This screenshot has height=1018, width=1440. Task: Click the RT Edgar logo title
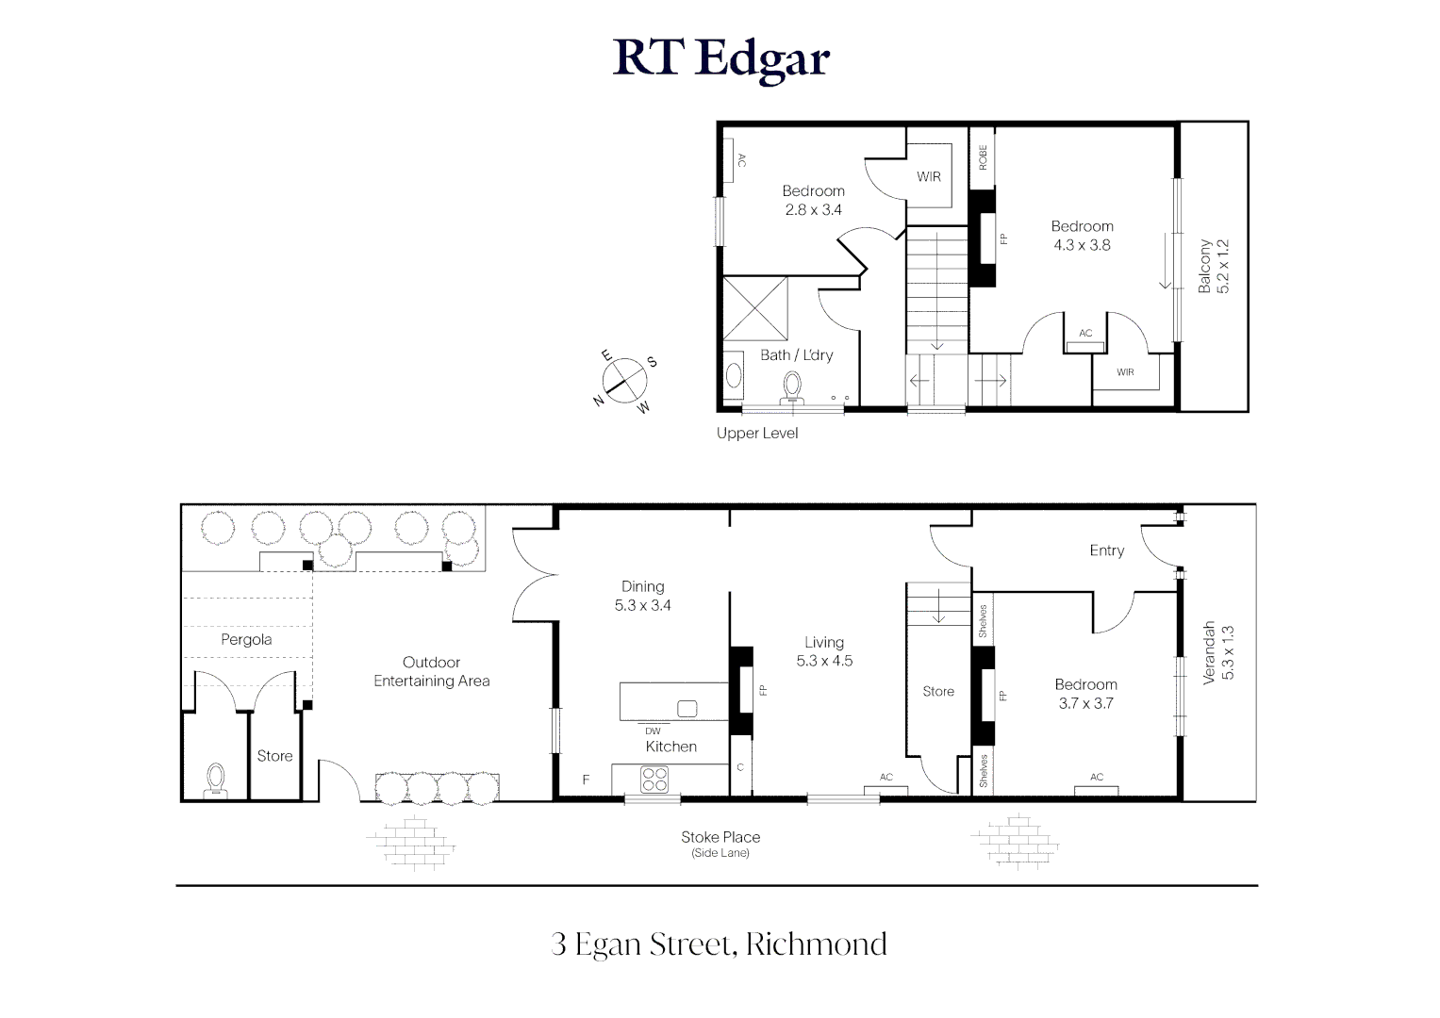coord(720,58)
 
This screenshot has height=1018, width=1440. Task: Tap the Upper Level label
coord(756,434)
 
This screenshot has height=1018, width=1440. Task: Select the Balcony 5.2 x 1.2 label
coord(1214,266)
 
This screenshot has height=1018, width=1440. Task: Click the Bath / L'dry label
coord(796,355)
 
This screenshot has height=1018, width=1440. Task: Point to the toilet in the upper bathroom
coord(792,386)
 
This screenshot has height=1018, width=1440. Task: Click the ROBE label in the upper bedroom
coord(982,156)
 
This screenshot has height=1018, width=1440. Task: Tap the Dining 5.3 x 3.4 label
coord(642,596)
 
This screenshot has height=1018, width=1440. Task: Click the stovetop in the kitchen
coord(654,780)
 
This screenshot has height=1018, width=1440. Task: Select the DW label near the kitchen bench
coord(653,731)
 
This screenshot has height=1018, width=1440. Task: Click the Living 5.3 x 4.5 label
coord(823,651)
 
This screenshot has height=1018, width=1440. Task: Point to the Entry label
coord(1106,550)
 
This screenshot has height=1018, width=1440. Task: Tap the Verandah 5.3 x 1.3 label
coord(1217,651)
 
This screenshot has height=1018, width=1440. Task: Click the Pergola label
coord(246,639)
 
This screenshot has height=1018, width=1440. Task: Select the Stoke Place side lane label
coord(720,843)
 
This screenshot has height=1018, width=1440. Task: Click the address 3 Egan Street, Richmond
coord(719,944)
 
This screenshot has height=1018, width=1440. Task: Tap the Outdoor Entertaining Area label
coord(431,671)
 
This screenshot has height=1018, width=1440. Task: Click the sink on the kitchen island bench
coord(687,708)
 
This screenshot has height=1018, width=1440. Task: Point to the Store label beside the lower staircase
coord(938,691)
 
